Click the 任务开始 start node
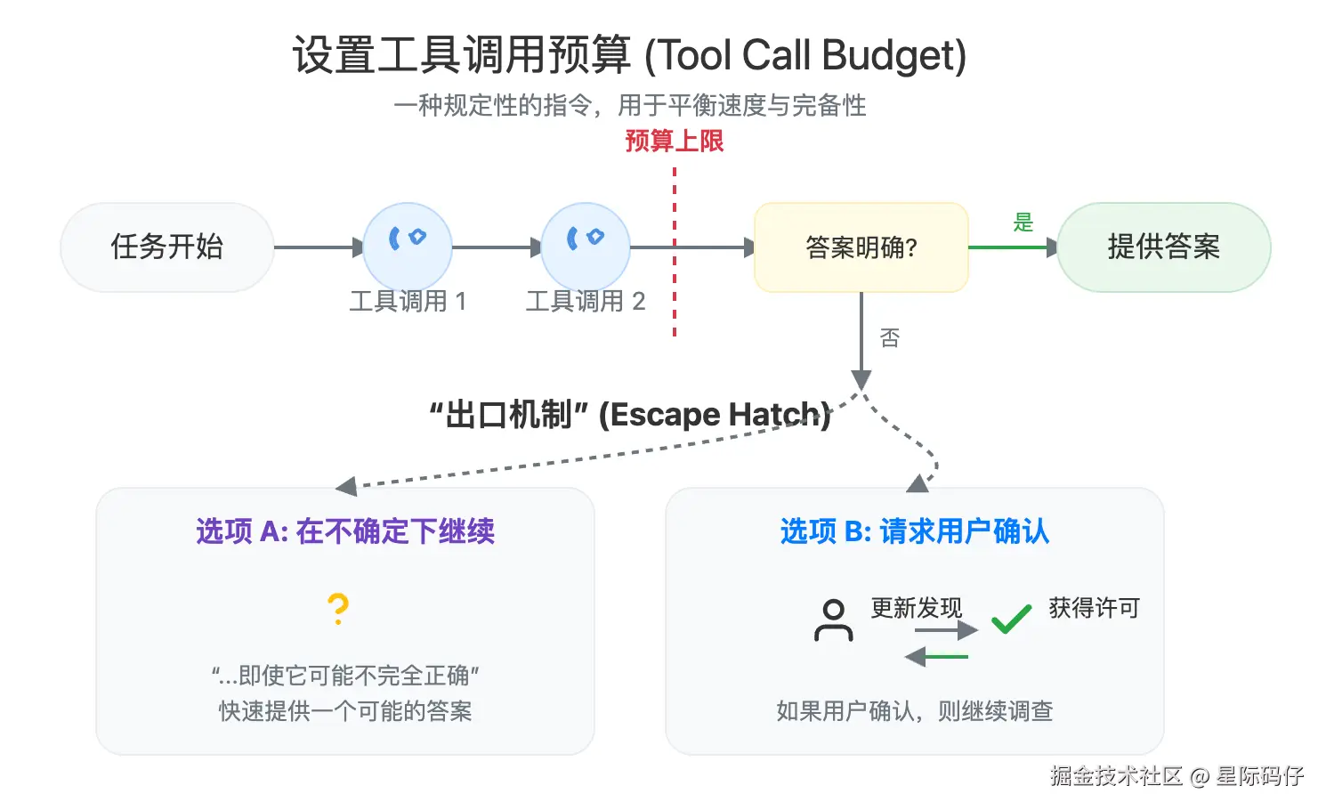tap(166, 247)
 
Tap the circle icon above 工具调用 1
tap(408, 247)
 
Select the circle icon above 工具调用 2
tap(586, 247)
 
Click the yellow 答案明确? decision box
tap(861, 247)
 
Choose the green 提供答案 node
tap(1163, 247)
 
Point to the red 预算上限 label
tap(675, 141)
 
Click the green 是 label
tap(1023, 223)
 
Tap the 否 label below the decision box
tap(890, 338)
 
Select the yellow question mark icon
tap(337, 610)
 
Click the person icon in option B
tap(833, 620)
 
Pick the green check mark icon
tap(1011, 618)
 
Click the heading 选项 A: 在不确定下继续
tap(345, 531)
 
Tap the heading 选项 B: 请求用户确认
tap(915, 531)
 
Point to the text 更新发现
tap(917, 608)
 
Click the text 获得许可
tap(1094, 608)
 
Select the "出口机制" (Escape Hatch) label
tap(630, 415)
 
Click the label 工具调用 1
tap(408, 301)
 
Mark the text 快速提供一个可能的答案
tap(345, 711)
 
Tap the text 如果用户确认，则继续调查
tap(915, 711)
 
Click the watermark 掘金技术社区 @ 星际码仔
tap(1176, 776)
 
